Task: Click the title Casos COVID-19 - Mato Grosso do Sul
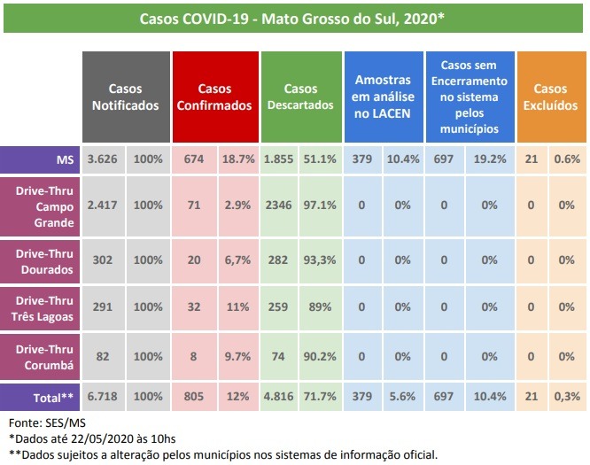pos(292,18)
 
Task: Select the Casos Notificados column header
pos(125,97)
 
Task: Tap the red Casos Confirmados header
pos(214,97)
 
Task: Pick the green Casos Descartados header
pos(301,97)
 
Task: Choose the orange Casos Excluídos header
pos(550,97)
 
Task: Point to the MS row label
pos(40,159)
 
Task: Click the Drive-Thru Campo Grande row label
pos(40,205)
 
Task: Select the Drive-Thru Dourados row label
pos(40,260)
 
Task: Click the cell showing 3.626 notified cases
pos(103,159)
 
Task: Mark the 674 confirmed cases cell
pos(195,159)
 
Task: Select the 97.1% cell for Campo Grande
pos(320,205)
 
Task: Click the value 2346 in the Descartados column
pos(279,205)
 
